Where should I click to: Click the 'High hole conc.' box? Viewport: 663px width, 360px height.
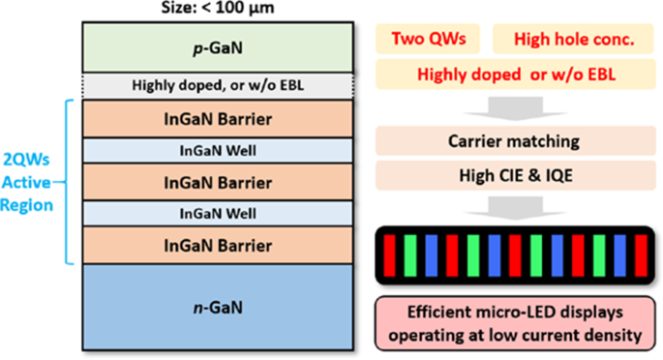(567, 40)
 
